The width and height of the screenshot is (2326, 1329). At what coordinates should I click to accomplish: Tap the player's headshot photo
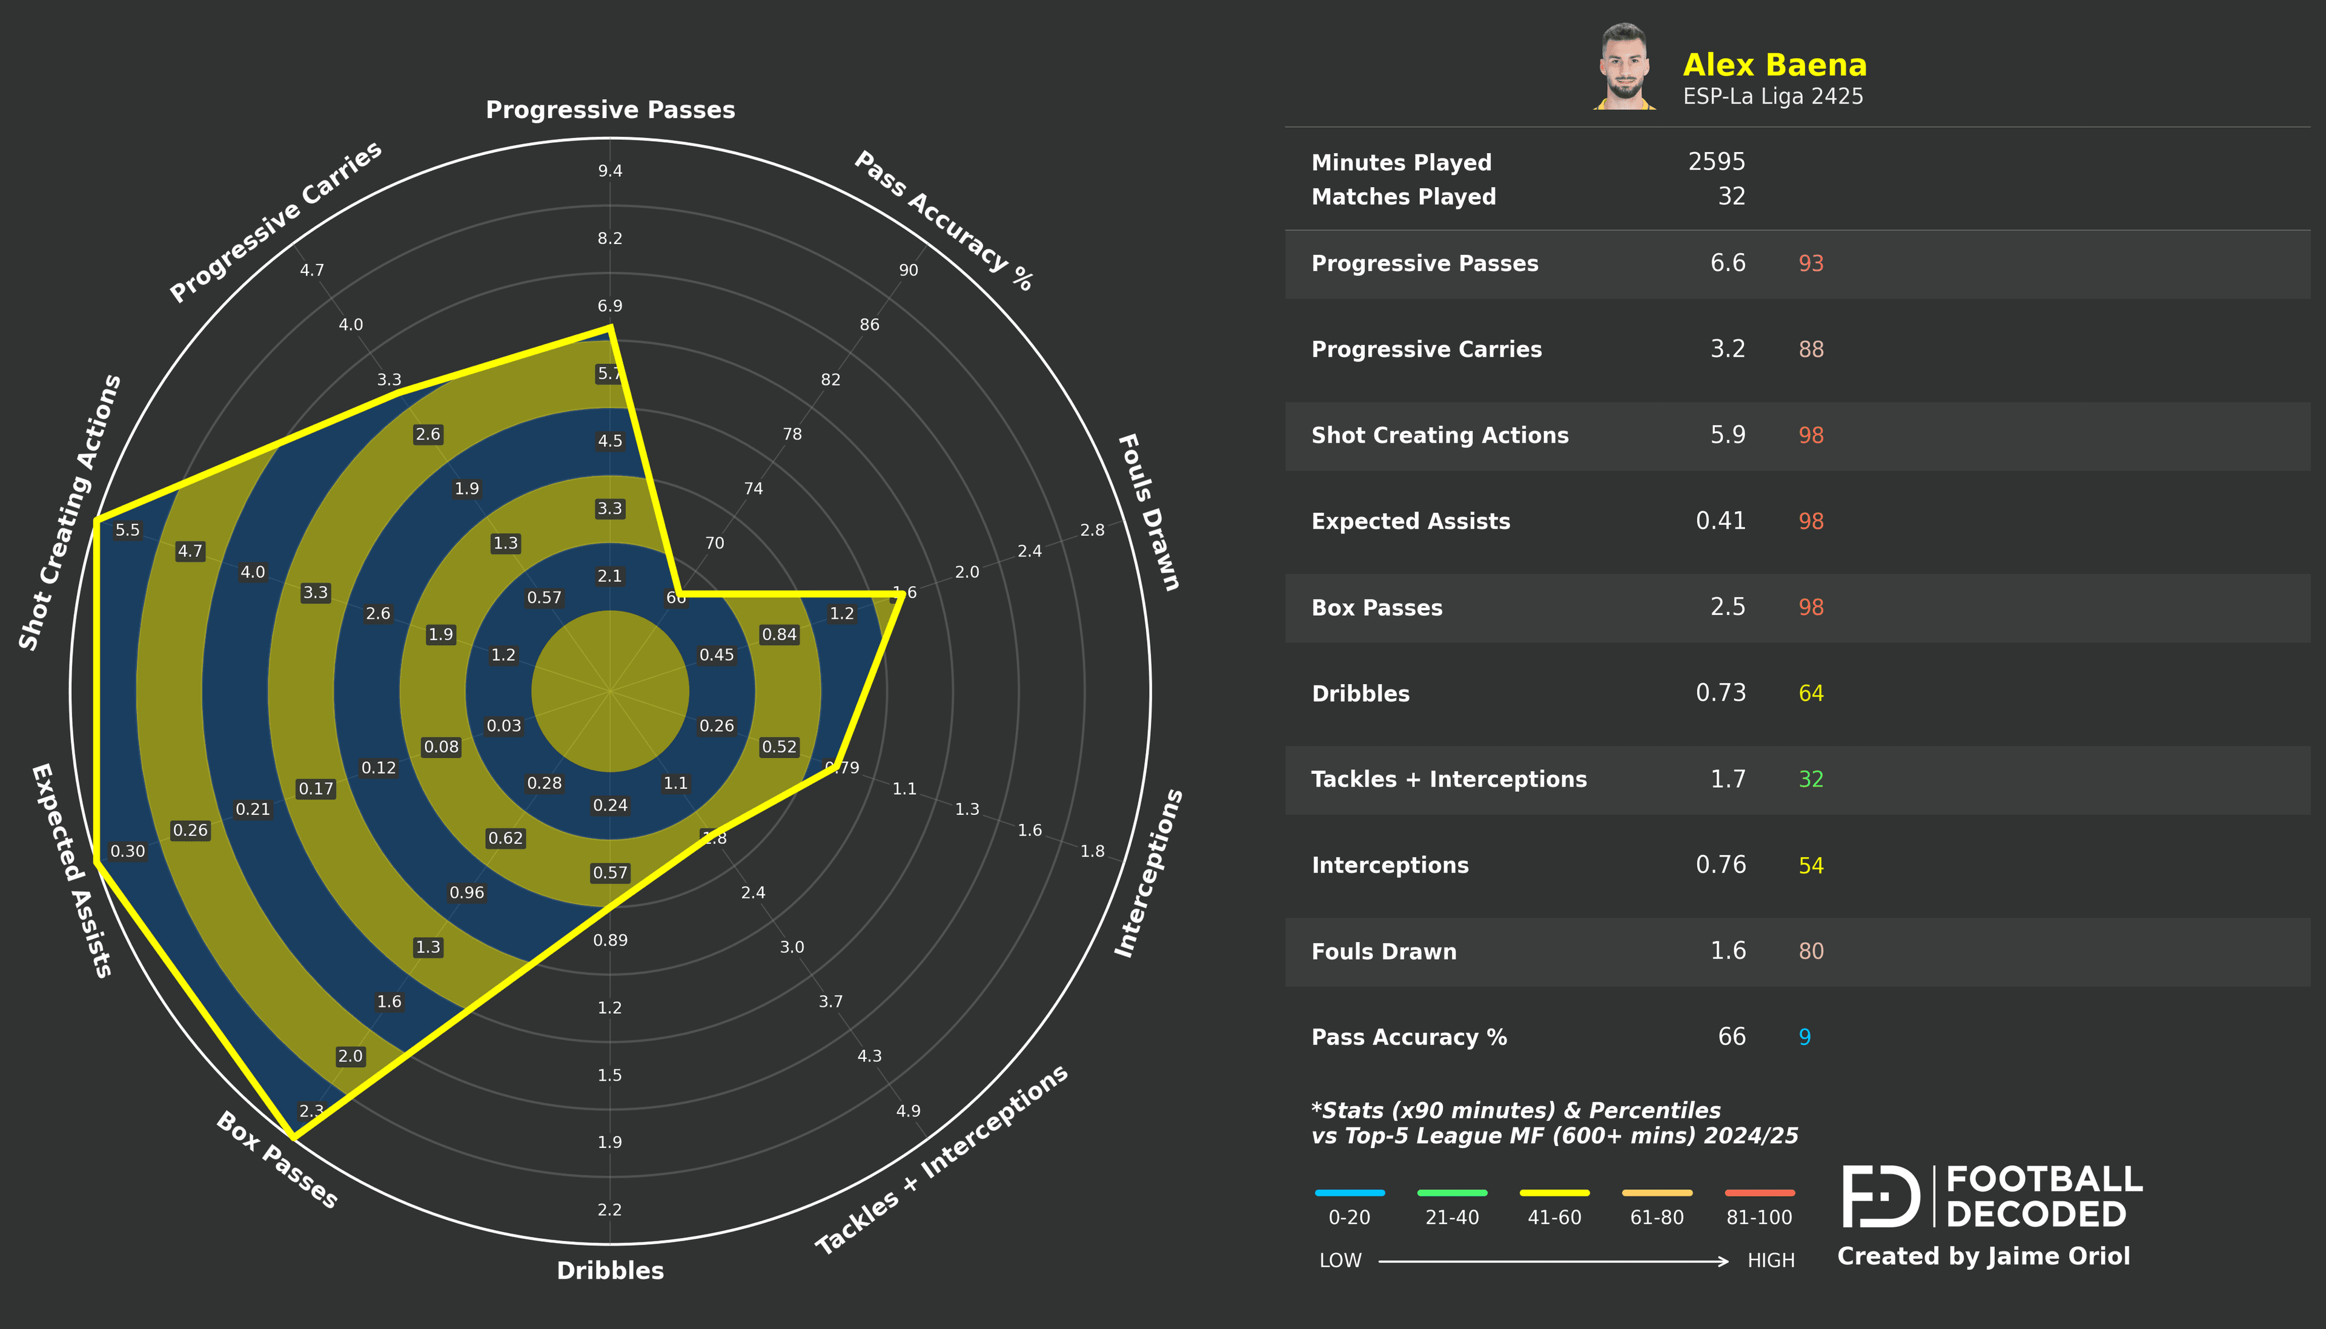pos(1624,67)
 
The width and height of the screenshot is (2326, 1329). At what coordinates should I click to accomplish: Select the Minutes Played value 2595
pos(1715,162)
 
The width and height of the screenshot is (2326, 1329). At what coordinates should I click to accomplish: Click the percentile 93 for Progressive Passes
pos(1811,264)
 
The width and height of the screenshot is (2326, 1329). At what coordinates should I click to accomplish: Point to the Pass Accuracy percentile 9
pos(1804,1037)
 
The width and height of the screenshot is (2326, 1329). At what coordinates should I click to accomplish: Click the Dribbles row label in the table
pos(1360,694)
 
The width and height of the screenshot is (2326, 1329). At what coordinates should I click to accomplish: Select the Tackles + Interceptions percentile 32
pos(1811,779)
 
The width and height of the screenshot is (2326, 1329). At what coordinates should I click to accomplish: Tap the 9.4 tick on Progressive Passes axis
pos(610,171)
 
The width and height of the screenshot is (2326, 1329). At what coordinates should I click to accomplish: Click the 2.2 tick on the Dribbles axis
pos(610,1210)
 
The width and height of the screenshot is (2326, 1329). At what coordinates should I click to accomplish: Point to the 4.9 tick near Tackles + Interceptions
pos(907,1111)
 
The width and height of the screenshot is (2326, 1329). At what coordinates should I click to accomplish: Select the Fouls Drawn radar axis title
pos(1148,512)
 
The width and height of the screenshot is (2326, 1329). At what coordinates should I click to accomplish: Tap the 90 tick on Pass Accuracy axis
pos(907,270)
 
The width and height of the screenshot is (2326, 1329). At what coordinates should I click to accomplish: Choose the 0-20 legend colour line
pos(1349,1192)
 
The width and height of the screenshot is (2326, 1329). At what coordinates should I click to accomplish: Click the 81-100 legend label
pos(1758,1218)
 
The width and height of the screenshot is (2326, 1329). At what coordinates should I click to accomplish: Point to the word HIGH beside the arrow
pos(1770,1261)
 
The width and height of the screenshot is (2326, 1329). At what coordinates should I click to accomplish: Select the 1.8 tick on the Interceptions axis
pos(1092,851)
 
